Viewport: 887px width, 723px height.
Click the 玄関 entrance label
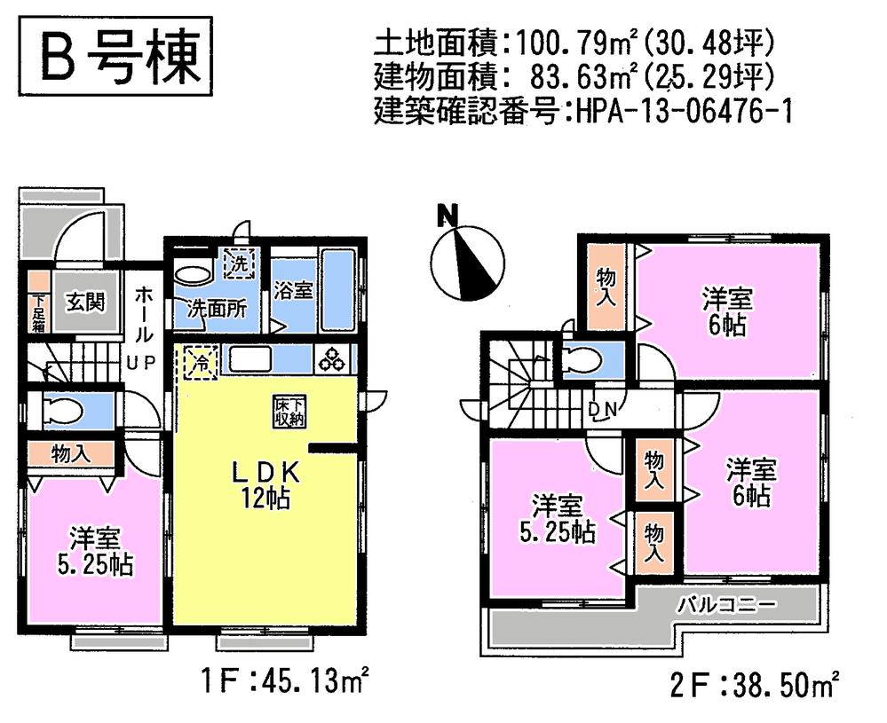(x=85, y=302)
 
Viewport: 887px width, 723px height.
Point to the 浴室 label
(x=292, y=291)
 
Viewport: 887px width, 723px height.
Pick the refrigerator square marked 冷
(x=202, y=362)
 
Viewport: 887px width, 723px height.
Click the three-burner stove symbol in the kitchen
(x=334, y=358)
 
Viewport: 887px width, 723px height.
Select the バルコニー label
(x=727, y=606)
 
